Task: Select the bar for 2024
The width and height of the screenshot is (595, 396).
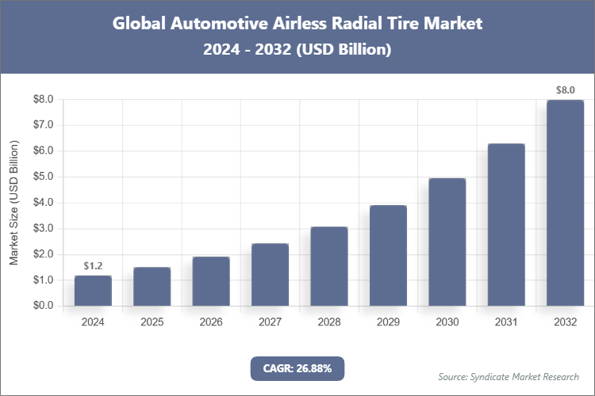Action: [93, 291]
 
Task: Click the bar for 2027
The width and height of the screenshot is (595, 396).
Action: [270, 275]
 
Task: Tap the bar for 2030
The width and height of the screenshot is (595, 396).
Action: [447, 242]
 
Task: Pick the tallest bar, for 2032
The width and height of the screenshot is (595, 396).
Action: [565, 203]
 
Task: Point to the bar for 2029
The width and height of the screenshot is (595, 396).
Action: [388, 256]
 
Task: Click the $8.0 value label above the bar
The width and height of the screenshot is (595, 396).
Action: [565, 90]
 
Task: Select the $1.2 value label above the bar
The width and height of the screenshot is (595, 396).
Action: [93, 266]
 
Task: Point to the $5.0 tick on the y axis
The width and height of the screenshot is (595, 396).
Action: [42, 177]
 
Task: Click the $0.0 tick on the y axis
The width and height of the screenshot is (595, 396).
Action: [42, 306]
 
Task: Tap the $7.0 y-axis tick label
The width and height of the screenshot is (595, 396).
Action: [42, 125]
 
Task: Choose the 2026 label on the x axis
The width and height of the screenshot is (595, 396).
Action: [211, 322]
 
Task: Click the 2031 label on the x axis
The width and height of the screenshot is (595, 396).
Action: [506, 322]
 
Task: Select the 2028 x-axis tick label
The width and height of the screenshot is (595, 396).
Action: [329, 322]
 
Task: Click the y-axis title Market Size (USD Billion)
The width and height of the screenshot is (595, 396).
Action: [13, 203]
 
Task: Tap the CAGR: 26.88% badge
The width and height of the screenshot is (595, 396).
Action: [297, 368]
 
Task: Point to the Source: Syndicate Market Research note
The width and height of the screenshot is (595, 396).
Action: [508, 376]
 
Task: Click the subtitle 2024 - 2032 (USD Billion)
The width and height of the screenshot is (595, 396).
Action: [297, 49]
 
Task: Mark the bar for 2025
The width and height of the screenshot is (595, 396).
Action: [152, 287]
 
